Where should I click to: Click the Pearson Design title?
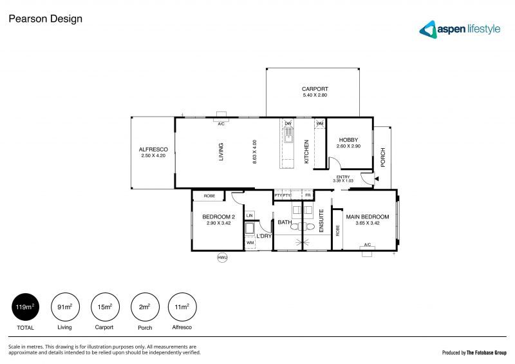[44, 19]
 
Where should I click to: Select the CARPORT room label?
[315, 89]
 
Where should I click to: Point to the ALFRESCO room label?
[153, 149]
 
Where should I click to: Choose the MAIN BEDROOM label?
[368, 216]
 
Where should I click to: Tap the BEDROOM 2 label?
[218, 217]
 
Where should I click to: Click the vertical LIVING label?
[221, 152]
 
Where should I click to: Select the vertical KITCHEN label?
[306, 151]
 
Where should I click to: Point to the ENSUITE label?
[321, 220]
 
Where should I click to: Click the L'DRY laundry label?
[264, 236]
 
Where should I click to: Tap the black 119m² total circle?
[26, 307]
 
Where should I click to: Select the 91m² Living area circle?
[64, 307]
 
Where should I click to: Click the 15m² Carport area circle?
[104, 307]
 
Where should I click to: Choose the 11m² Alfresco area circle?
[182, 307]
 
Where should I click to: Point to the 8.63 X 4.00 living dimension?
[255, 152]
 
